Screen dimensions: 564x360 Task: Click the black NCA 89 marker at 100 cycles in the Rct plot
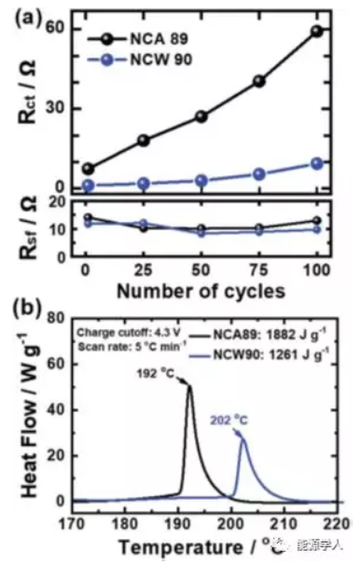click(x=316, y=31)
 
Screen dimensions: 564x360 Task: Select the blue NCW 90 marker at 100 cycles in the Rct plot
click(x=316, y=163)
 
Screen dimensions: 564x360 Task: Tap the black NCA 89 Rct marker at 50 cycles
click(x=201, y=116)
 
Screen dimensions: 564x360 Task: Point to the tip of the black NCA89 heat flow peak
click(x=190, y=385)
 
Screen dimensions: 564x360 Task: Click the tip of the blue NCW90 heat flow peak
click(x=243, y=438)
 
